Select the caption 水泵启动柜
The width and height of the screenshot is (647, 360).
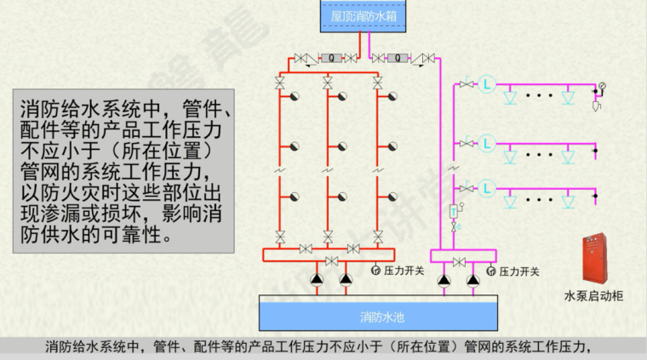coord(593,296)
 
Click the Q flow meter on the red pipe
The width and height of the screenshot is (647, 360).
coord(330,58)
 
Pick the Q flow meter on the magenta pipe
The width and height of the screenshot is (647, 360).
coord(395,58)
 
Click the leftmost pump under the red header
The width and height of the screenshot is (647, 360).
coord(318,278)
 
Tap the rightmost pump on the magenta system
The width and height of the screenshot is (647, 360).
coord(472,278)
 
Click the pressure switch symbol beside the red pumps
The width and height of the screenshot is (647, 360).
coord(375,271)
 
